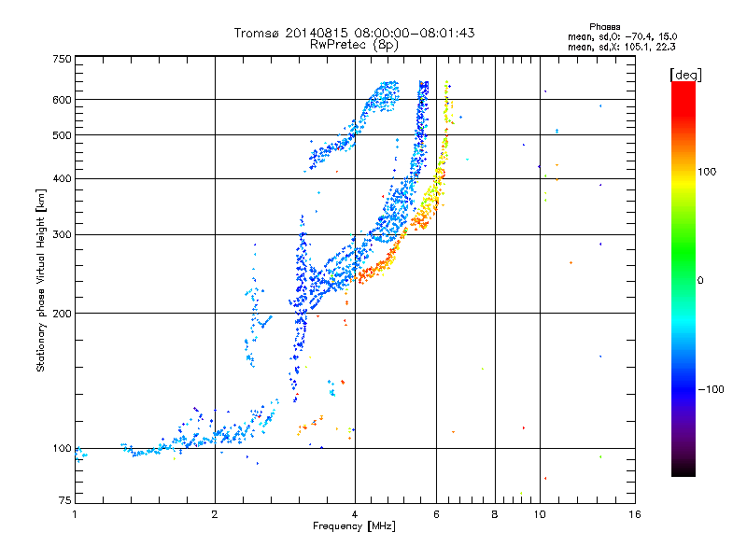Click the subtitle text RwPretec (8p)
(354, 45)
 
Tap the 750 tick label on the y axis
(62, 59)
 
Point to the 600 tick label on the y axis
(62, 100)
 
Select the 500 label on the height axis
(62, 135)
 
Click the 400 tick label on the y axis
(62, 178)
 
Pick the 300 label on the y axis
(62, 234)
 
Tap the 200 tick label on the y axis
(62, 314)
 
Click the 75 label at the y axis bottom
(65, 500)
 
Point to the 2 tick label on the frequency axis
(215, 514)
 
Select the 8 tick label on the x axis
(495, 514)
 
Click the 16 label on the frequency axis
(635, 514)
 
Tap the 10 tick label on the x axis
(540, 514)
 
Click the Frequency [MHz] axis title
(354, 526)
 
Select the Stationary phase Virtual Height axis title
(41, 280)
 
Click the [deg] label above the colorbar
(685, 75)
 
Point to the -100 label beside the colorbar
(711, 389)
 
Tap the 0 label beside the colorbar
(700, 281)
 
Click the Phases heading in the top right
(604, 27)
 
